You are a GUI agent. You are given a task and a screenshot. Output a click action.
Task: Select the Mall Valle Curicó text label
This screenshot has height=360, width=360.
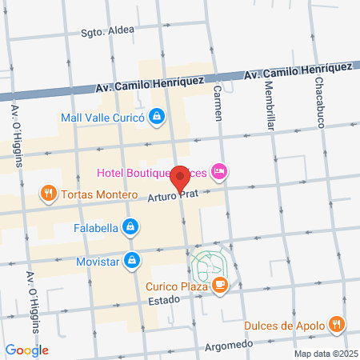pyautogui.click(x=101, y=118)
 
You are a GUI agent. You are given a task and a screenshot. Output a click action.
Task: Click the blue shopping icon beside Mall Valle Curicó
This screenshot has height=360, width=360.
pyautogui.click(x=158, y=117)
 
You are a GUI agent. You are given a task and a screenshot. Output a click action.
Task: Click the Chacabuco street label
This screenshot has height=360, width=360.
pyautogui.click(x=320, y=94)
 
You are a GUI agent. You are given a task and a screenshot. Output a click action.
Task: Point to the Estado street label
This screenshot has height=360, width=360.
pyautogui.click(x=166, y=301)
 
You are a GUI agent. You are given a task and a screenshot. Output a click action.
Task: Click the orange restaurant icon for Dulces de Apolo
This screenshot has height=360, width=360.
pyautogui.click(x=338, y=325)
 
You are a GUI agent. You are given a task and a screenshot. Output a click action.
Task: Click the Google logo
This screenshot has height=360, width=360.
pyautogui.click(x=26, y=350)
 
